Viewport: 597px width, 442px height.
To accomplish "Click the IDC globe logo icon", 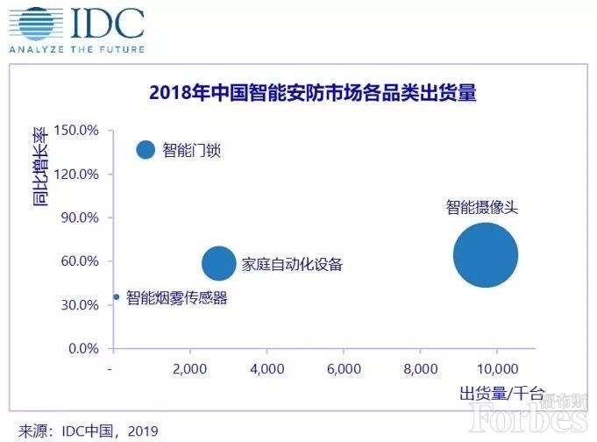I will (x=30, y=24).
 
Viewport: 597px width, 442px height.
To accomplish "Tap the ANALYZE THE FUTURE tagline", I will (x=76, y=49).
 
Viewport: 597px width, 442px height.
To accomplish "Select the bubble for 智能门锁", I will (x=146, y=150).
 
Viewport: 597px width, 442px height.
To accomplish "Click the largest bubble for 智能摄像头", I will (x=486, y=255).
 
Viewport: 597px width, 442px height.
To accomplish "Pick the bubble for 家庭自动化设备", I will (x=219, y=263).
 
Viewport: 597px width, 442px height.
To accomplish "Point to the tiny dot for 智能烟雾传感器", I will (x=117, y=298).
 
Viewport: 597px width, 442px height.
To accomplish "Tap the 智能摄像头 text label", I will (x=482, y=208).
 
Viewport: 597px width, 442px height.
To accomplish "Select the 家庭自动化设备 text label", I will (x=292, y=264).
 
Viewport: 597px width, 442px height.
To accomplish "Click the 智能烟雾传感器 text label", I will (x=176, y=298).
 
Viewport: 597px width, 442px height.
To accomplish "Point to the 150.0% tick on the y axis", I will (x=76, y=131).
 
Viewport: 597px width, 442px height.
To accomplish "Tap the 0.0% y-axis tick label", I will (x=83, y=349).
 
